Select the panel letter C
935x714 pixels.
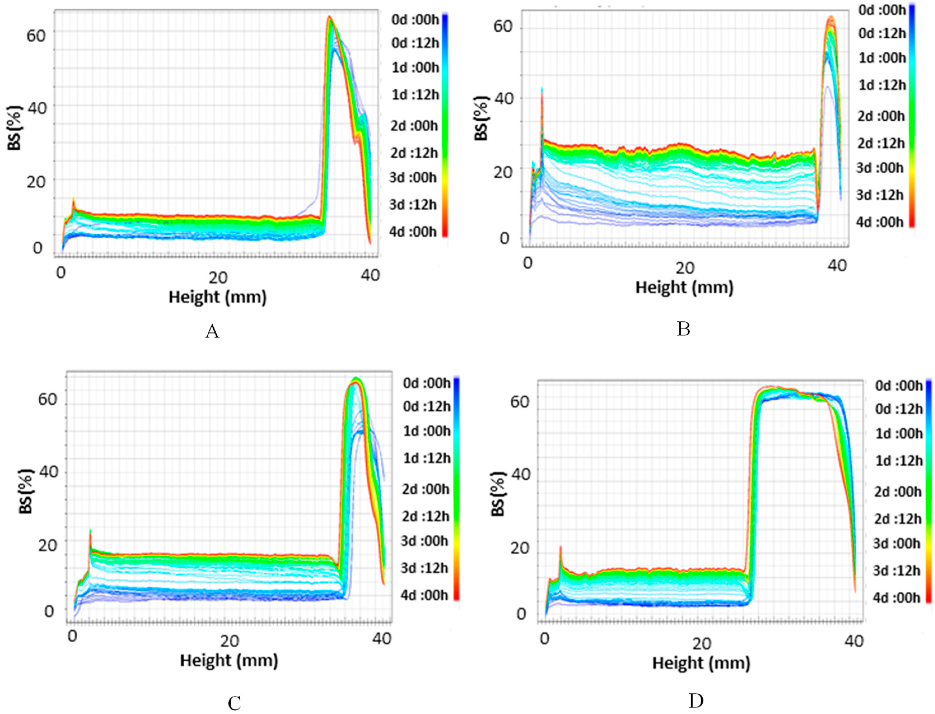coord(234,703)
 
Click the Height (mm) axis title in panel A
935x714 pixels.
coord(218,297)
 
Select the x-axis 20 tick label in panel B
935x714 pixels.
coord(684,267)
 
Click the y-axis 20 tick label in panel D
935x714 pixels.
coord(519,548)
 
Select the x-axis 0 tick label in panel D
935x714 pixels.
coord(544,639)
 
